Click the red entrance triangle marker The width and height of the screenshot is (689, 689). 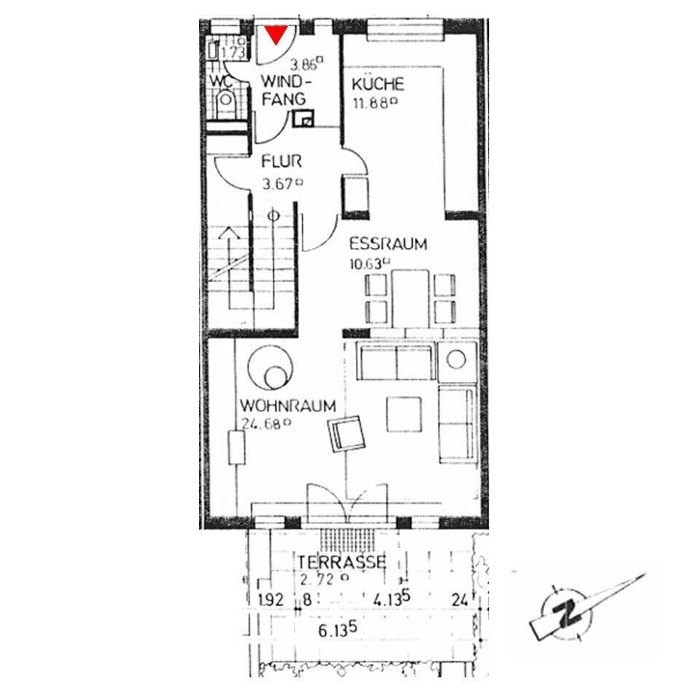pos(276,34)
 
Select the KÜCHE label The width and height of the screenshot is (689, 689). pos(378,84)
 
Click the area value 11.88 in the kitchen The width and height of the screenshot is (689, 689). pos(375,104)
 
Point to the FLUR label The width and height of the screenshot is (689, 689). pos(281,161)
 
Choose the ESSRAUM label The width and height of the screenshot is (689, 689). pos(388,244)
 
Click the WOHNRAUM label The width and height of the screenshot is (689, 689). pos(288,405)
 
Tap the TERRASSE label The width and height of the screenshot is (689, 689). pos(342,562)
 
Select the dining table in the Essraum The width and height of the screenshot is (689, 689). pos(410,299)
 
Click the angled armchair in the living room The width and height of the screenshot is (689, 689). pos(347,433)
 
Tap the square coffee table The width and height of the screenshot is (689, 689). pos(404,414)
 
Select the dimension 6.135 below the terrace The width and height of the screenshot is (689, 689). pos(338,630)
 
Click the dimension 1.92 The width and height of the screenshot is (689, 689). pos(271,600)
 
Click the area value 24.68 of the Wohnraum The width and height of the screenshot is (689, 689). pos(266,424)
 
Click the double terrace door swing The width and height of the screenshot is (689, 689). pos(347,502)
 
